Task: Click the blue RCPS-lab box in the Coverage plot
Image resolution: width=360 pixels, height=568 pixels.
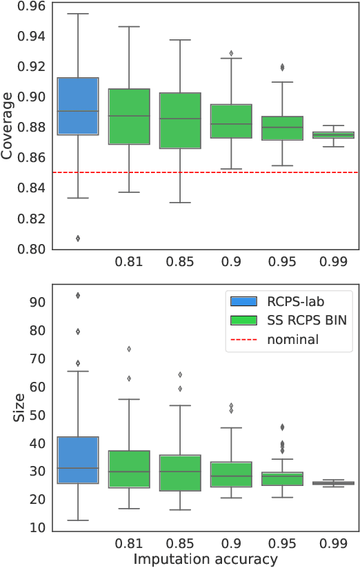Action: coord(78,106)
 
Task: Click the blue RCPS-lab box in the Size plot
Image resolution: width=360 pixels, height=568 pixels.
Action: coord(78,460)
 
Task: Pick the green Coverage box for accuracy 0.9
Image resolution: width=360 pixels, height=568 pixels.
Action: coord(231,121)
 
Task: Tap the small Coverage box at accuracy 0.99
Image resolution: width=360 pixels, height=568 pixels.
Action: coord(333,135)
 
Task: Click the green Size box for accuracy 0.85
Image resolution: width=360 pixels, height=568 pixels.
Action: coord(180,473)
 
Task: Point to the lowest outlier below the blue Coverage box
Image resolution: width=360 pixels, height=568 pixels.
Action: coord(78,239)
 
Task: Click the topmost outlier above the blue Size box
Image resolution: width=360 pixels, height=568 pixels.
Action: coord(78,295)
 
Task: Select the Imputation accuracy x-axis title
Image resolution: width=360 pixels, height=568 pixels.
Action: coord(206,558)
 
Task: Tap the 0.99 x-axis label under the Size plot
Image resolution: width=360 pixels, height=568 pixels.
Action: coord(333,542)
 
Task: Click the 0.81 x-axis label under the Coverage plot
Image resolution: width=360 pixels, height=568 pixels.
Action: coord(129,262)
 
